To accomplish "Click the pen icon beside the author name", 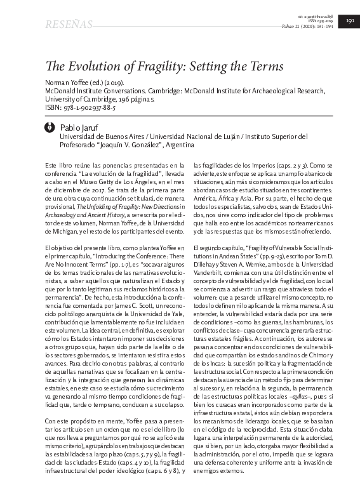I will click(50, 128).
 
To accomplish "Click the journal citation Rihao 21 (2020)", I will click(298, 26).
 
